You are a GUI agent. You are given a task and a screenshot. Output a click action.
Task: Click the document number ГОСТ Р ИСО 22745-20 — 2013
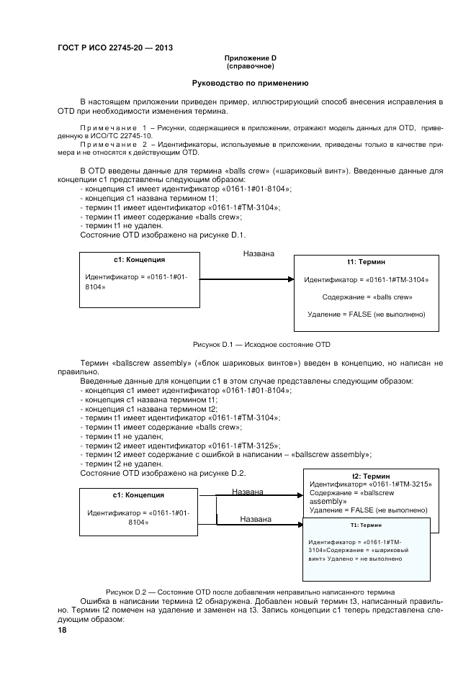[115, 48]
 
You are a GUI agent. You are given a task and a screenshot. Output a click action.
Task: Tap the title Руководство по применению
[250, 83]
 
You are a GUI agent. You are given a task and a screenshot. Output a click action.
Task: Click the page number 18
[62, 630]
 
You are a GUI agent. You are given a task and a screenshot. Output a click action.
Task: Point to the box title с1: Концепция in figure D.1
[140, 259]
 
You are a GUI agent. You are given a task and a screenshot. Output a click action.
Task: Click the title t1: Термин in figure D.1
[367, 263]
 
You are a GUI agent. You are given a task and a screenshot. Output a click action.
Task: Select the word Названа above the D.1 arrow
[258, 254]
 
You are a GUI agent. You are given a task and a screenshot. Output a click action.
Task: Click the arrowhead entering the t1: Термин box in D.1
[292, 279]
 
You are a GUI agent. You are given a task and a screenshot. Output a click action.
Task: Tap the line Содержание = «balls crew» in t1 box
[367, 297]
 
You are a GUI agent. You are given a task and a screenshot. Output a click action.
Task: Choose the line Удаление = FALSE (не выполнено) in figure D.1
[367, 314]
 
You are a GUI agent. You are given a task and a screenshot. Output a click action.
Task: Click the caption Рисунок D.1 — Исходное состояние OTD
[261, 344]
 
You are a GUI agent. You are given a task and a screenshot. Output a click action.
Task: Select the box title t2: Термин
[371, 476]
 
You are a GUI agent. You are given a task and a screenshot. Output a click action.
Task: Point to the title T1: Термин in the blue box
[365, 525]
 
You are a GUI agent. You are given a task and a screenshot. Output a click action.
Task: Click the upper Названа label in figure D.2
[247, 492]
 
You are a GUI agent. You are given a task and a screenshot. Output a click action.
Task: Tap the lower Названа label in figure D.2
[255, 518]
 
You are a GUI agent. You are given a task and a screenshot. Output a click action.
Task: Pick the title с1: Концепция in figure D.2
[138, 495]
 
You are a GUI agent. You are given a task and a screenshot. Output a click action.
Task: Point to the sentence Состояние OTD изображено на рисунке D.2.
[163, 473]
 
